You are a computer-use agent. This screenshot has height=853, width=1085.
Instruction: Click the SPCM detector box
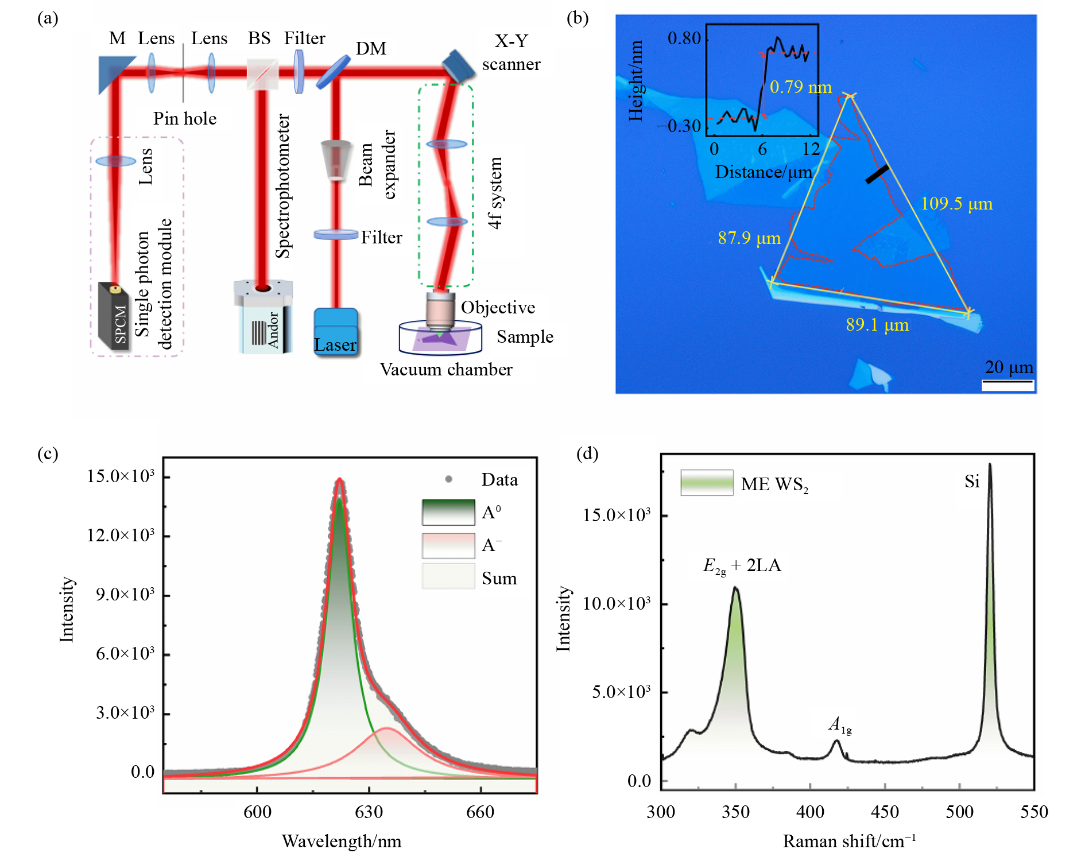pyautogui.click(x=114, y=316)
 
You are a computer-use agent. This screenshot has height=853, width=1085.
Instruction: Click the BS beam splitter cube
pyautogui.click(x=262, y=74)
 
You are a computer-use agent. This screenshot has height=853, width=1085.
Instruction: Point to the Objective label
pyautogui.click(x=498, y=308)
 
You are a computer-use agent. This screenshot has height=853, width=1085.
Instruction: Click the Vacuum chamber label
pyautogui.click(x=446, y=370)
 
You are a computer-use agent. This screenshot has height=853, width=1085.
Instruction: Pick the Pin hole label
pyautogui.click(x=185, y=119)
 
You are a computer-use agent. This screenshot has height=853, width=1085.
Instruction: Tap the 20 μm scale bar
pyautogui.click(x=1007, y=385)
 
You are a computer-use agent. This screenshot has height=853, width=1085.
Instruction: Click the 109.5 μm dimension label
pyautogui.click(x=956, y=204)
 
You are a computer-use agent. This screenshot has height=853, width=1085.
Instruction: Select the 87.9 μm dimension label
pyautogui.click(x=749, y=238)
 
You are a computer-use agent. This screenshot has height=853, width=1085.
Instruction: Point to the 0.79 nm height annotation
pyautogui.click(x=800, y=87)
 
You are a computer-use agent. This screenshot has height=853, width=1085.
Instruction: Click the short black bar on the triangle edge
pyautogui.click(x=877, y=175)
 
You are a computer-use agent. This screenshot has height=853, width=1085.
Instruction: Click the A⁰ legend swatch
pyautogui.click(x=448, y=512)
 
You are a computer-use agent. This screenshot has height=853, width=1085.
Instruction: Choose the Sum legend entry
pyautogui.click(x=499, y=579)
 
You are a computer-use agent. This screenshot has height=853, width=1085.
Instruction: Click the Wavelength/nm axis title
pyautogui.click(x=342, y=842)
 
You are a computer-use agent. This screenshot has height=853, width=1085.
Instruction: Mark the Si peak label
pyautogui.click(x=972, y=481)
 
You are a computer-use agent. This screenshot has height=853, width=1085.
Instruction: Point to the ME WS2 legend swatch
pyautogui.click(x=707, y=483)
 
